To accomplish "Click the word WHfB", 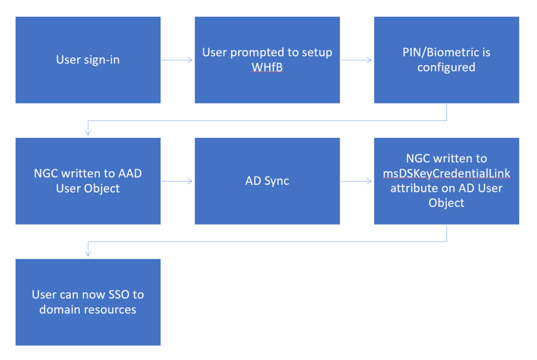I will coord(267,68).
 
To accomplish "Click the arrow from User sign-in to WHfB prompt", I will coord(177,60).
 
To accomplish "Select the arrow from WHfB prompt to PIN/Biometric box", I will coord(357,60).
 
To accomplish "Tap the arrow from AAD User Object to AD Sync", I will coord(177,181).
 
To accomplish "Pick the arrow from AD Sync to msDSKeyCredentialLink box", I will coord(357,181).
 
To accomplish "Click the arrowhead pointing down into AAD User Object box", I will coord(88,132).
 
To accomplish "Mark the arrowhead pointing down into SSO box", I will coord(88,253).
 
